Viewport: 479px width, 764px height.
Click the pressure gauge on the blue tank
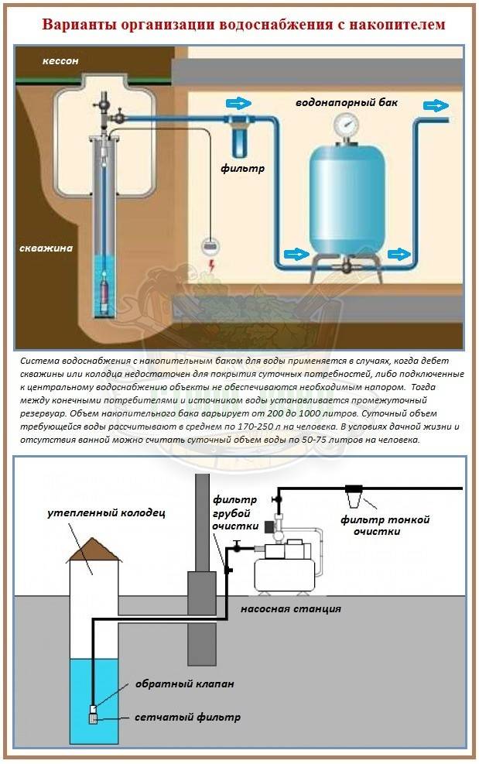(343, 125)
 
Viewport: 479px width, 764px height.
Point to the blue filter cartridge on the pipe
(234, 138)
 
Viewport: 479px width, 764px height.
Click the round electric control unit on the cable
(210, 245)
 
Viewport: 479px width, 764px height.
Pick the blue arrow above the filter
(238, 103)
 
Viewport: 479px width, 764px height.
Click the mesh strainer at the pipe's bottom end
(92, 718)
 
